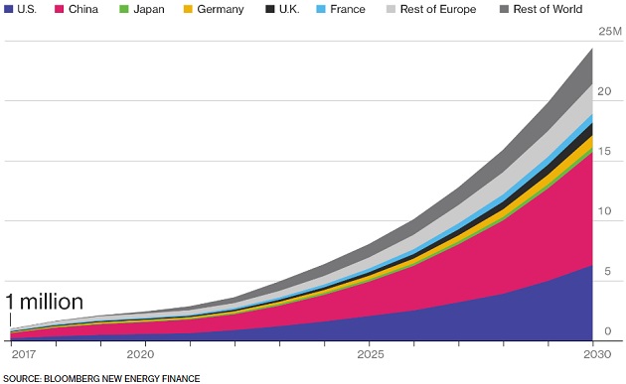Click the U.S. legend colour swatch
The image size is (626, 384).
(x=9, y=10)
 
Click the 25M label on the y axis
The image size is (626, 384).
(x=609, y=32)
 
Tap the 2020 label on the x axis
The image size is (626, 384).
(x=141, y=354)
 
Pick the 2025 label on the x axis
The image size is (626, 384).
(x=370, y=354)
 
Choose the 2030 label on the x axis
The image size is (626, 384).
(x=597, y=354)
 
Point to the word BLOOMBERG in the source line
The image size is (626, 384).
(x=78, y=378)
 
